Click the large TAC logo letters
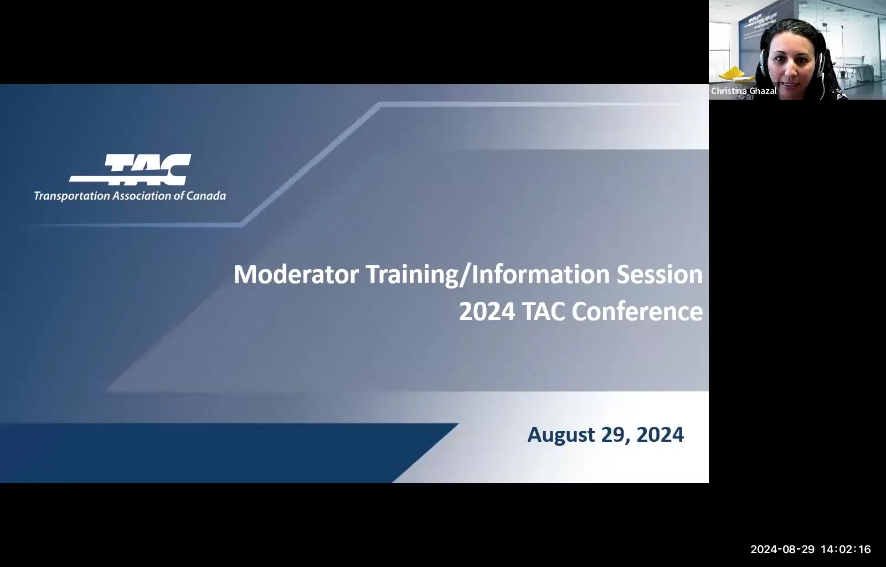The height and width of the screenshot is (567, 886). (x=147, y=169)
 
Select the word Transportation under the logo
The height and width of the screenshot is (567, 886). (x=71, y=196)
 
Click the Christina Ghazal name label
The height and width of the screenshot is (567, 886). (x=744, y=91)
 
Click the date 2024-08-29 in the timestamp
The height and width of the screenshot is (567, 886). (x=782, y=549)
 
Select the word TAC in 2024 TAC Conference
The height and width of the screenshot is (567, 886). (x=544, y=312)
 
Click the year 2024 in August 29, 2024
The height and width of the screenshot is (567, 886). (x=660, y=435)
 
